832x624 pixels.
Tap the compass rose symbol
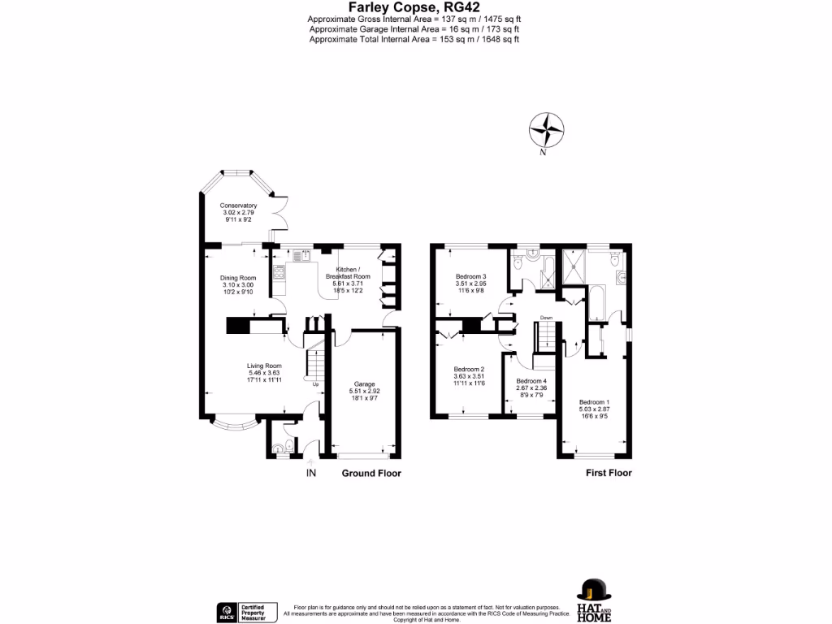click(x=547, y=129)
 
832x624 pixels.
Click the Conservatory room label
click(x=238, y=206)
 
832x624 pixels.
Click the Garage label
click(x=364, y=383)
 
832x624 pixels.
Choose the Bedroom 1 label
click(x=593, y=402)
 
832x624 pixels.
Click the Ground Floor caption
click(x=371, y=473)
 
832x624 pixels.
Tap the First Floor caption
click(x=609, y=473)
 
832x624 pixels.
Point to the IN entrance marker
click(x=310, y=473)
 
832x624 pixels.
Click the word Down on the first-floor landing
click(x=547, y=318)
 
